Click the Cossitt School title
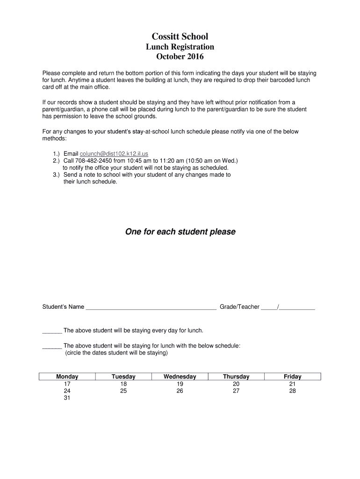coord(180,36)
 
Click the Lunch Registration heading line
coord(180,47)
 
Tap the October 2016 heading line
coord(180,57)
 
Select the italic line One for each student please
coord(180,232)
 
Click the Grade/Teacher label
coord(239,307)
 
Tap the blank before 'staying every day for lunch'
coord(52,331)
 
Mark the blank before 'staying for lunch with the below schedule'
coord(52,346)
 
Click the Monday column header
coord(67,377)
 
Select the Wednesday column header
coord(180,377)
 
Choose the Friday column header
coord(293,377)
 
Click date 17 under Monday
coord(67,384)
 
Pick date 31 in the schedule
coord(67,399)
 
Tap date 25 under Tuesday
coord(123,391)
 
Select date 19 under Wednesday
coord(180,384)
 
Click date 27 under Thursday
coord(236,391)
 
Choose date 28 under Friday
coord(293,391)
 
